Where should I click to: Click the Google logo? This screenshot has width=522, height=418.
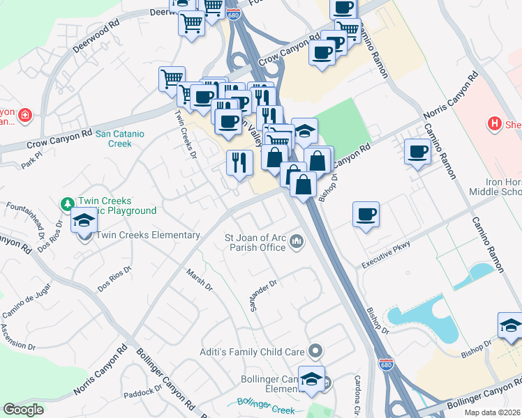pos(24,410)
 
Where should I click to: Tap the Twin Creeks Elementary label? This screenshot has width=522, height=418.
pos(147,235)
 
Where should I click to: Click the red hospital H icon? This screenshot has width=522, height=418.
pos(494,123)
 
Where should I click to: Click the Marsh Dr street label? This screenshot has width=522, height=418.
pos(199,277)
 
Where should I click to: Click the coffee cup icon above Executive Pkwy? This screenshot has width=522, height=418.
pos(366,214)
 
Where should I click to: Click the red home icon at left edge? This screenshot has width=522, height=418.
pos(25,115)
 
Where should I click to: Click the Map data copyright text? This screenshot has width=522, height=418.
pos(493,412)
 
